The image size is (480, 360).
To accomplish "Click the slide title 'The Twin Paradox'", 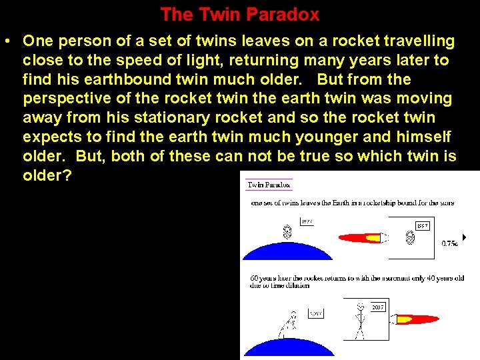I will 240,14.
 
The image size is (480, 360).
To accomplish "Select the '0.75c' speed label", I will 450,244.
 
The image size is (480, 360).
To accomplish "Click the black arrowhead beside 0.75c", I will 464,237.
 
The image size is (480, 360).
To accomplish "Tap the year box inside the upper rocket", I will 423,226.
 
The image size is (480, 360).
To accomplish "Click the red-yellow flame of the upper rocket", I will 360,237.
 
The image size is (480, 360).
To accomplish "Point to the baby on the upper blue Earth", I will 287,233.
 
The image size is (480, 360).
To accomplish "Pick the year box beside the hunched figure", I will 315,313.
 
